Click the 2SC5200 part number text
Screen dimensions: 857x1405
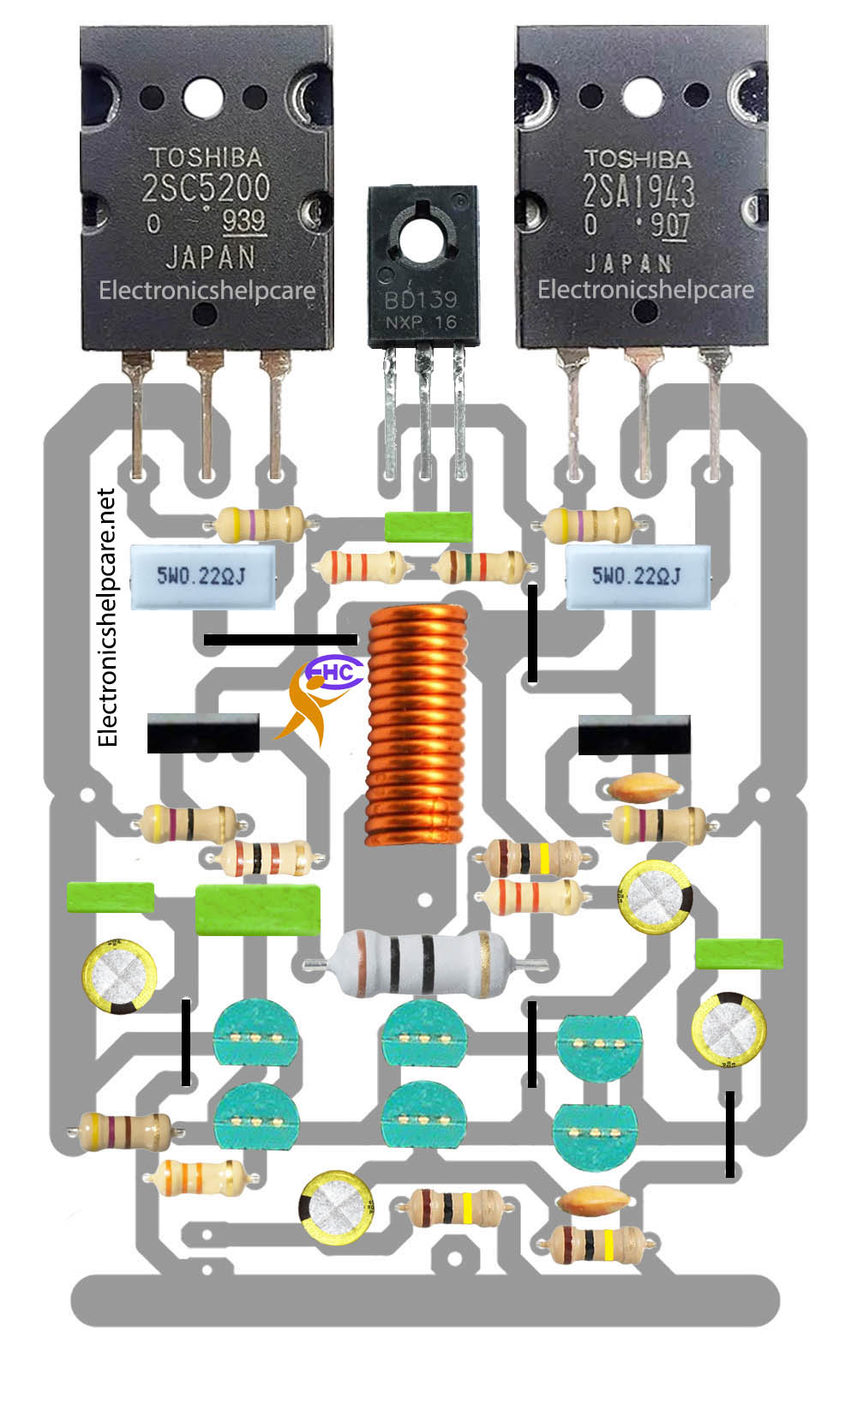[x=206, y=187]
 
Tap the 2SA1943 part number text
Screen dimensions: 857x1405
[x=638, y=190]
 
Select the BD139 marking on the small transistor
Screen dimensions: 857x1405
[x=421, y=300]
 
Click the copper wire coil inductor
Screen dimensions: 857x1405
[x=417, y=724]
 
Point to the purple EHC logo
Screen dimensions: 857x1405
[x=334, y=672]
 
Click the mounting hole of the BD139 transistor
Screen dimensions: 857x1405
[x=422, y=241]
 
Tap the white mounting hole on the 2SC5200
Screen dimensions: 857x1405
[x=203, y=98]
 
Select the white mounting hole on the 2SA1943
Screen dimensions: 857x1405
[x=643, y=97]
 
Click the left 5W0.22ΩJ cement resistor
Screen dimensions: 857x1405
[x=202, y=577]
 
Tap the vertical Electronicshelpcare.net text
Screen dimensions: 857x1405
[x=107, y=617]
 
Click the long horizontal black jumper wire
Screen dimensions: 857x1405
[x=281, y=639]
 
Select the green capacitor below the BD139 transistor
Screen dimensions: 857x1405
[x=428, y=527]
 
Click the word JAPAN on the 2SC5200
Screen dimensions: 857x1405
[x=211, y=258]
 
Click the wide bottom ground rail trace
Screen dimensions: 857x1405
[x=425, y=1301]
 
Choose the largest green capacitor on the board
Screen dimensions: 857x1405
[x=258, y=910]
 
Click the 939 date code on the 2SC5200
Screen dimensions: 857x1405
[x=244, y=221]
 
